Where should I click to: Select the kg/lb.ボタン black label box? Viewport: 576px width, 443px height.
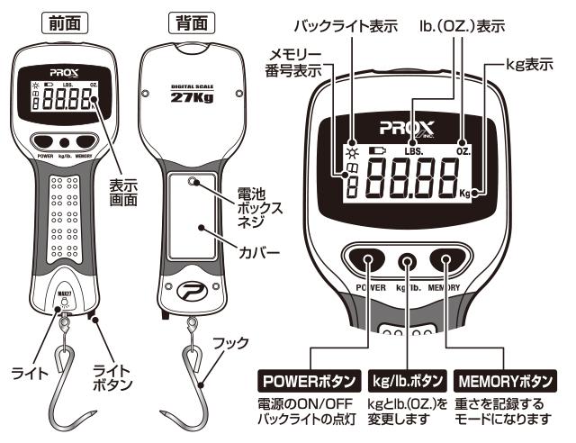(x=409, y=374)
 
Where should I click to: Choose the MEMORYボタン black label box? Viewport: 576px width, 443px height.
(x=508, y=374)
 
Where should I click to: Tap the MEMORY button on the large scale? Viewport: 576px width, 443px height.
(x=447, y=262)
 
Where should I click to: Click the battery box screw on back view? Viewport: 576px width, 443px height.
(x=192, y=183)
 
